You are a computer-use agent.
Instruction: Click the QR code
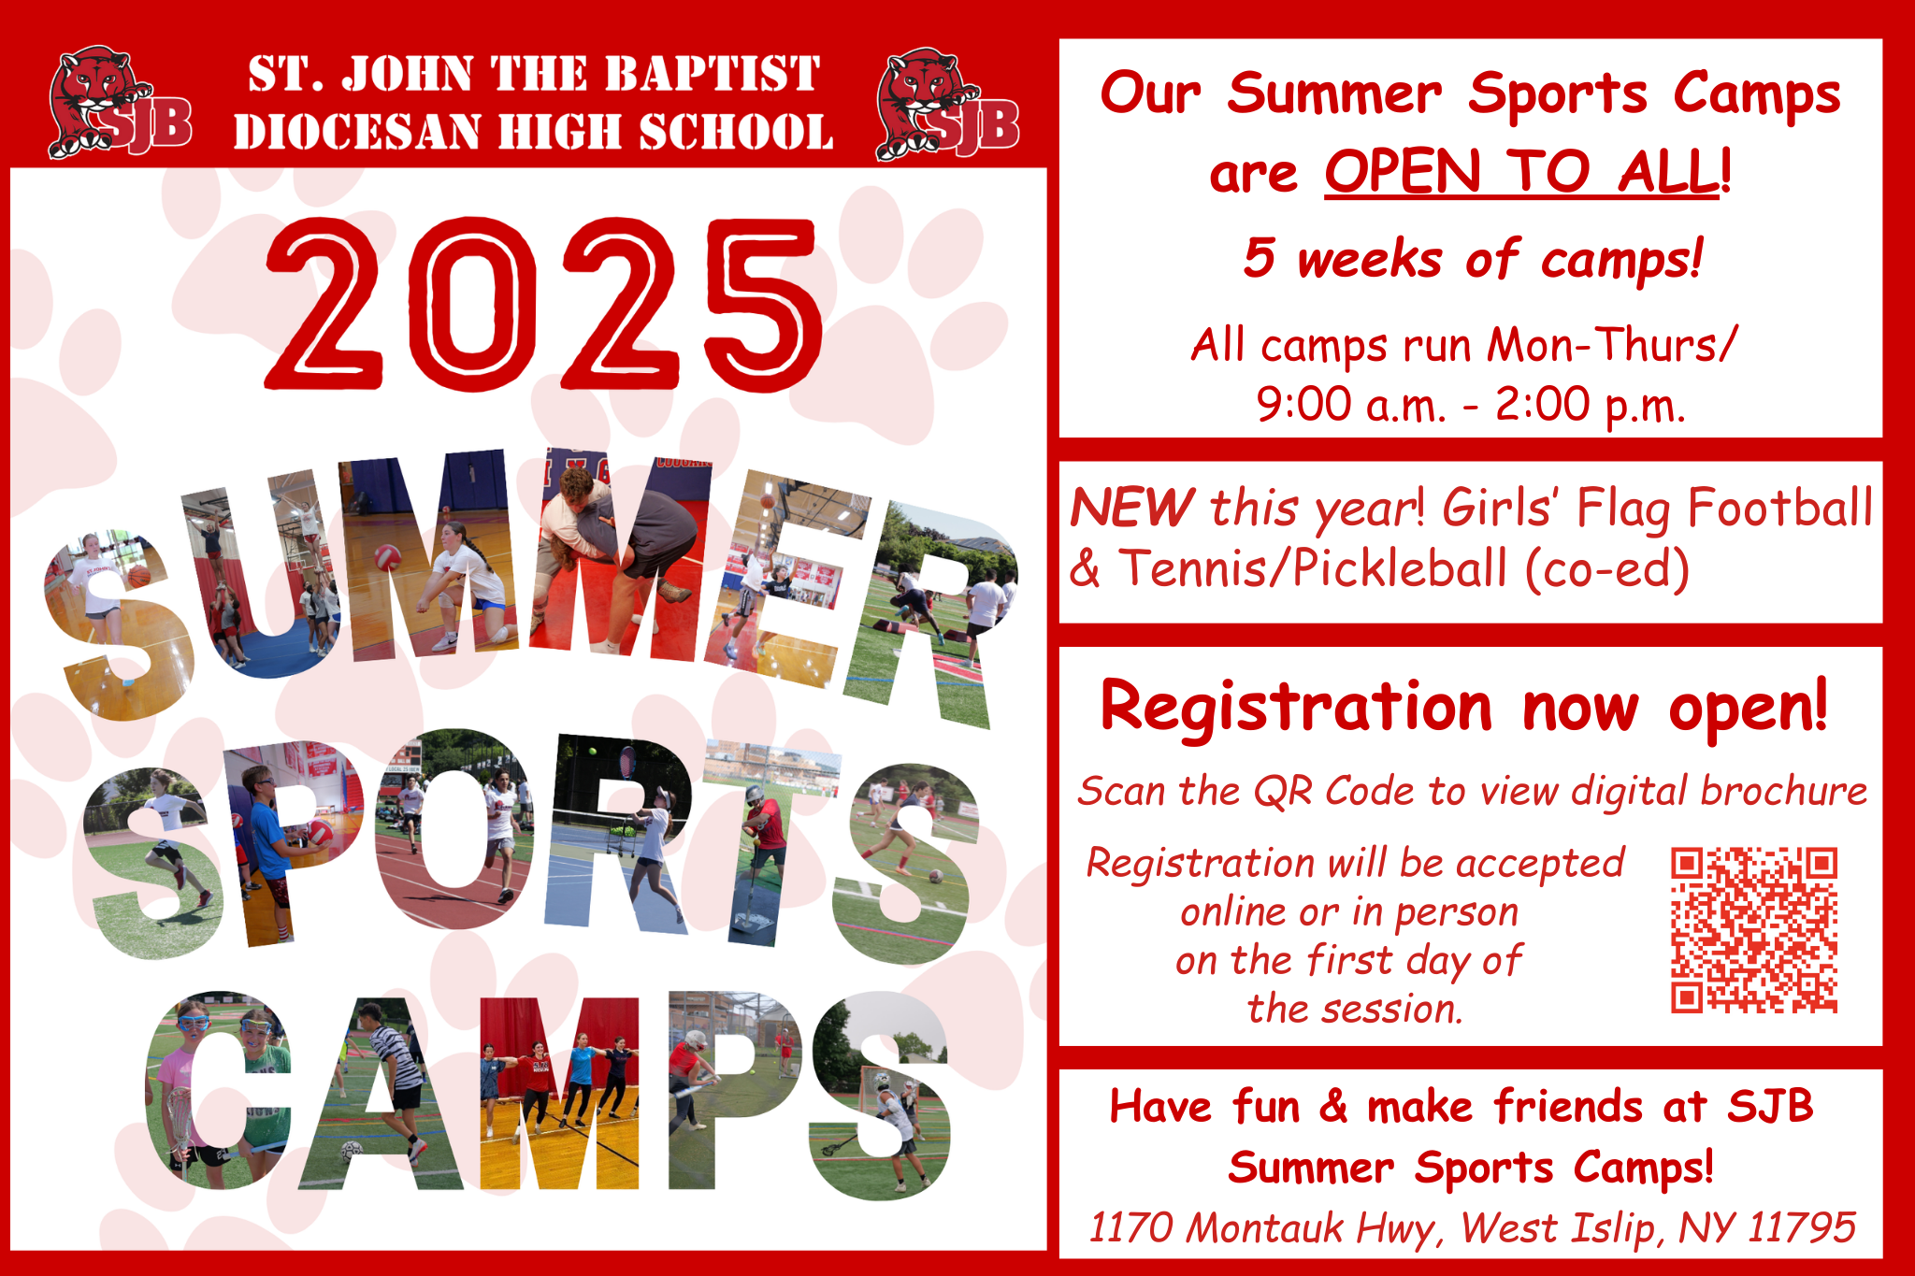tap(1754, 930)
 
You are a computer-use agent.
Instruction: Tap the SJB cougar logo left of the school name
tap(121, 103)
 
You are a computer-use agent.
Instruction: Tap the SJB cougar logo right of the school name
tap(948, 104)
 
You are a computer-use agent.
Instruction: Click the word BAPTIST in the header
tap(712, 75)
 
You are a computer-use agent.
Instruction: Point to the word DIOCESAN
tap(358, 132)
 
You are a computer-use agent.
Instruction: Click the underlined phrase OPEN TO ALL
tap(1521, 171)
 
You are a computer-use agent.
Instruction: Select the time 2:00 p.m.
tap(1591, 406)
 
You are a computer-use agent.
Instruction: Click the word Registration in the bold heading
tap(1296, 708)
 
